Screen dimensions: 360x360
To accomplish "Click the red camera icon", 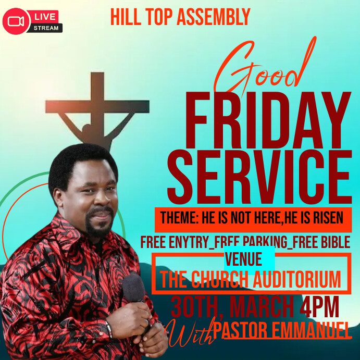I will (16, 20).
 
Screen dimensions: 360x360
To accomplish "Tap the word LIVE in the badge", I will (45, 17).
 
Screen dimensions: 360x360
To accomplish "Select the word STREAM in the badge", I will (46, 28).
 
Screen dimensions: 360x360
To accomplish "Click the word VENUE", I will (243, 259).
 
